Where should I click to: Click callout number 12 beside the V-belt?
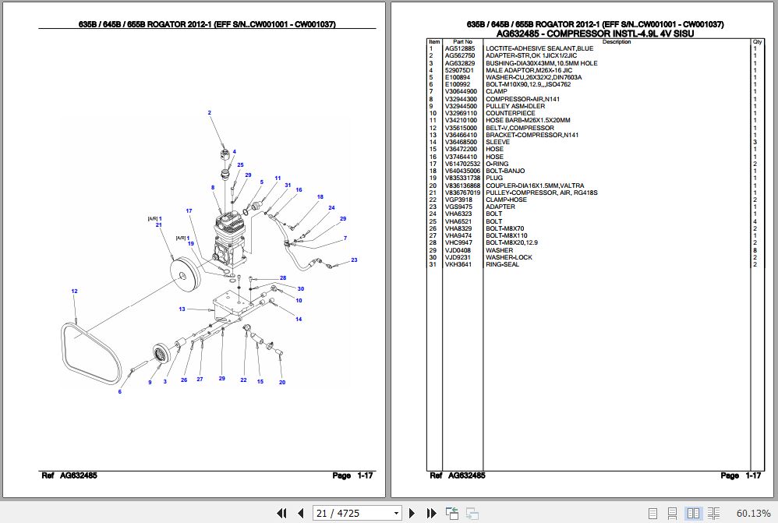(x=74, y=292)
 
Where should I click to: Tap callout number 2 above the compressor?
(x=209, y=114)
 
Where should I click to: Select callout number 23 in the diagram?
(x=353, y=260)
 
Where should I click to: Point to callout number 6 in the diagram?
(x=119, y=391)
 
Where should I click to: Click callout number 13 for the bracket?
(x=182, y=309)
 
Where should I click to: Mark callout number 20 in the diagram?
(x=282, y=382)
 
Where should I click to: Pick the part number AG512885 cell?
(x=459, y=48)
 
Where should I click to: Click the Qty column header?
(x=756, y=41)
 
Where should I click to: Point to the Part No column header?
(x=463, y=41)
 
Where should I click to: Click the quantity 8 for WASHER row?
(x=755, y=250)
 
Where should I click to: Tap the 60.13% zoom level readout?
(x=754, y=513)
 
